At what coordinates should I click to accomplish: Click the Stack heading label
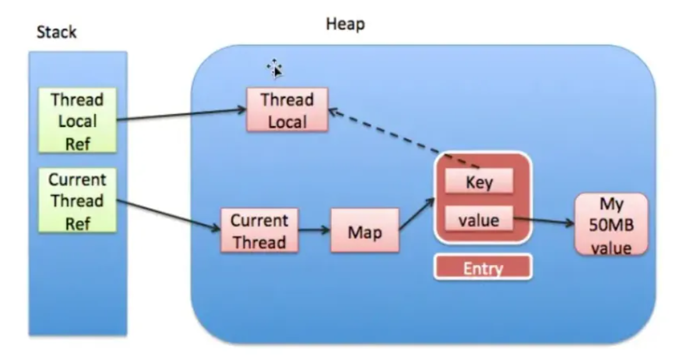click(56, 32)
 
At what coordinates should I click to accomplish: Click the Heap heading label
click(345, 24)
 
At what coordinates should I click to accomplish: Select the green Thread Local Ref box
click(78, 121)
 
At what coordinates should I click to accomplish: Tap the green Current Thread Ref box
click(78, 200)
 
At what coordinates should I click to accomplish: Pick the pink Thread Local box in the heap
click(287, 110)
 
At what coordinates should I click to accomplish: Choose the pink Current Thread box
click(259, 231)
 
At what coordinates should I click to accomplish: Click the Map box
click(365, 231)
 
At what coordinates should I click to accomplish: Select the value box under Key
click(479, 220)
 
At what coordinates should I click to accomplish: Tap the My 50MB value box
click(611, 224)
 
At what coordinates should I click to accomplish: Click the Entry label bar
click(482, 267)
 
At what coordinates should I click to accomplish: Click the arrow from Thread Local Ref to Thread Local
click(181, 114)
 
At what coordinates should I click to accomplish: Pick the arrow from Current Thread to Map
click(314, 231)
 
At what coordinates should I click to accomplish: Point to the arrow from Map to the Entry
click(417, 215)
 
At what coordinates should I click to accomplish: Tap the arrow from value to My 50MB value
click(543, 221)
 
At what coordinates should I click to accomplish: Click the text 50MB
click(611, 226)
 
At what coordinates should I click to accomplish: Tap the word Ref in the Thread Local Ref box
click(78, 143)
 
